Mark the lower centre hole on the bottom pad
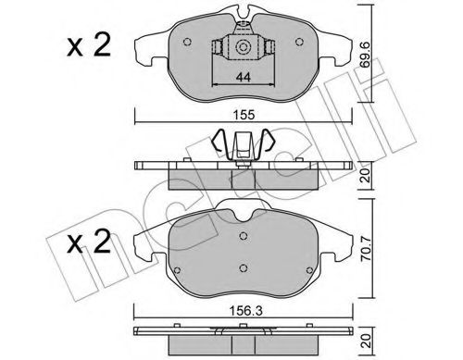242,269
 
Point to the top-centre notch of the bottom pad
243,212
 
